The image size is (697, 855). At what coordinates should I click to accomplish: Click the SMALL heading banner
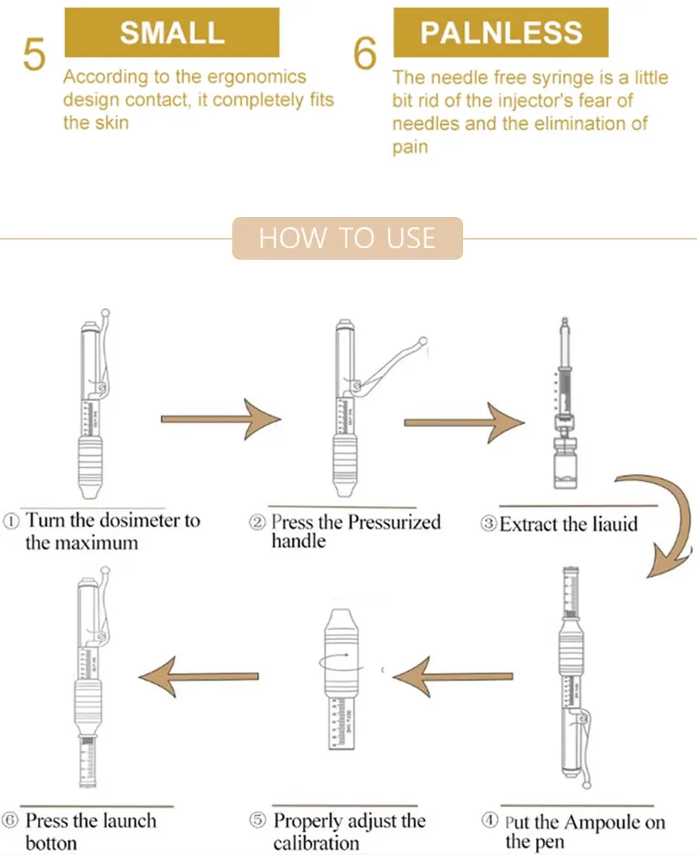click(172, 33)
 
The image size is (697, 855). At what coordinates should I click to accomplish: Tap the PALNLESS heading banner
click(501, 33)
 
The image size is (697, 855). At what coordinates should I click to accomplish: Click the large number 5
click(34, 54)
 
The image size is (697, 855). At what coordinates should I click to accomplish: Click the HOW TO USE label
click(348, 238)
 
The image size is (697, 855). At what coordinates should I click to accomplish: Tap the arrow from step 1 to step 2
click(221, 419)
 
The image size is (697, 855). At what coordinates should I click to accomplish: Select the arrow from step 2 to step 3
click(465, 422)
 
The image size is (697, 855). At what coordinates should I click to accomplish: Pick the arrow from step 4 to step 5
click(452, 677)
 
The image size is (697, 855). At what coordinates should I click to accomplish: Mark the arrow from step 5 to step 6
click(198, 677)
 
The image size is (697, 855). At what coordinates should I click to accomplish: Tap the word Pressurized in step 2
click(394, 522)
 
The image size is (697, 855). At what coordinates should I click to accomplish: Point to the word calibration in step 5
click(316, 843)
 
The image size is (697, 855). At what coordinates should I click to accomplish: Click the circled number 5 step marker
click(257, 819)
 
